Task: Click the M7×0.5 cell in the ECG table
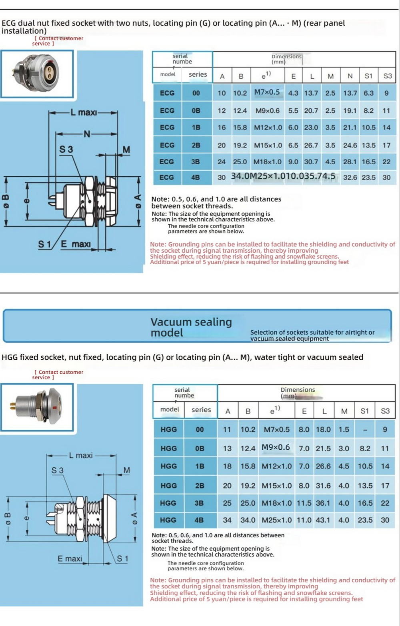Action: [267, 92]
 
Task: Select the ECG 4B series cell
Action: [196, 177]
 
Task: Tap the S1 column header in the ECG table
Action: [368, 76]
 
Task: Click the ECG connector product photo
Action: [37, 74]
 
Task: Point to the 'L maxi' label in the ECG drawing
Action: [84, 112]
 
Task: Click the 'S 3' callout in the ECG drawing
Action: [66, 150]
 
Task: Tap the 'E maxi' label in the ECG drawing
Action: [76, 244]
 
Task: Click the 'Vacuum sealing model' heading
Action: [191, 327]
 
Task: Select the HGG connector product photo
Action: [37, 407]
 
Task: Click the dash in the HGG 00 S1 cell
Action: [364, 430]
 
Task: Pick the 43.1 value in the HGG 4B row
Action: [323, 520]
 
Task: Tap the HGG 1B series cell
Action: [200, 466]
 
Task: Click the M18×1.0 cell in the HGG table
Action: [277, 503]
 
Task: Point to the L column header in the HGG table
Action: [324, 411]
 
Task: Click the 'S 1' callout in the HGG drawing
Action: [122, 559]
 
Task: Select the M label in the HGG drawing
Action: [126, 470]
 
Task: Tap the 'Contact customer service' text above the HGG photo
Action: [58, 375]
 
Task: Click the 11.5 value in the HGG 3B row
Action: [304, 503]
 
